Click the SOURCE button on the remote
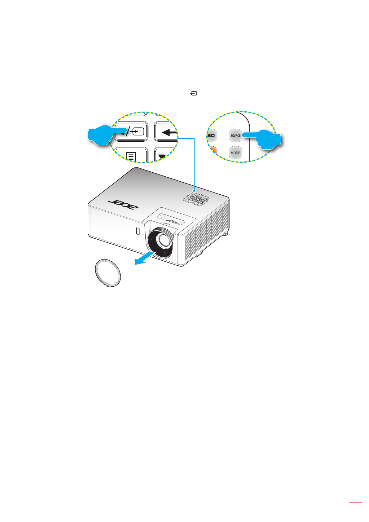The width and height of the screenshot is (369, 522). pos(235,135)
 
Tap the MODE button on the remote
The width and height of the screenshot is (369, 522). pos(235,153)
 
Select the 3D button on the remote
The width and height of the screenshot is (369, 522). pos(212,136)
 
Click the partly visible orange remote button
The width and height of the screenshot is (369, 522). pos(213,152)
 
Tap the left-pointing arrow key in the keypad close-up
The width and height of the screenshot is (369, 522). pos(167,132)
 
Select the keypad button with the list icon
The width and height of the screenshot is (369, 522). pos(131,155)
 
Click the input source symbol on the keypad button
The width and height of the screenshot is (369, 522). pos(137,132)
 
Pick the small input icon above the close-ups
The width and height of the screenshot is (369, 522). pos(194,93)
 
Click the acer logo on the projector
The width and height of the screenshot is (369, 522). pos(123,204)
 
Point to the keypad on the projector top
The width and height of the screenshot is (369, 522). pos(197,199)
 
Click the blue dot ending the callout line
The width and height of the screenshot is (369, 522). pos(194,190)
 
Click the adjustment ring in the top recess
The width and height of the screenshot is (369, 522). pos(172,222)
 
